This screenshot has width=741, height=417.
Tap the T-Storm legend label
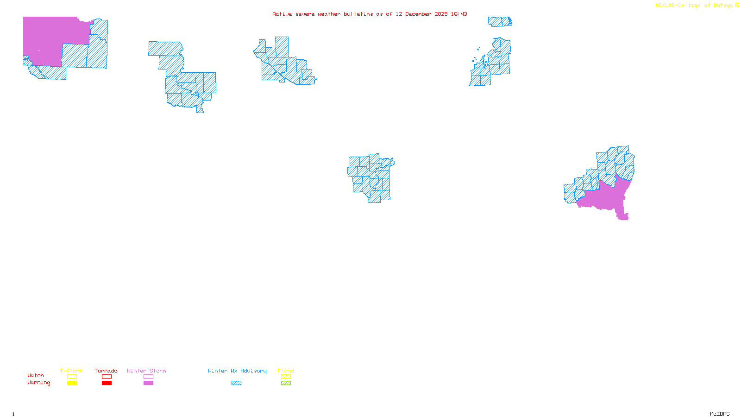tap(71, 371)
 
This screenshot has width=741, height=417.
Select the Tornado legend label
tap(106, 371)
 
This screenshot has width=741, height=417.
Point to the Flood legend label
tap(286, 371)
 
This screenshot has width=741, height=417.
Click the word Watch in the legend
tap(36, 375)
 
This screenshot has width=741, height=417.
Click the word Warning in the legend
tap(39, 383)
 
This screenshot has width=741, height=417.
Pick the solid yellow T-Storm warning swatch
tap(72, 383)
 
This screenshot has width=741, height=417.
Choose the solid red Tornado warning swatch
tap(107, 383)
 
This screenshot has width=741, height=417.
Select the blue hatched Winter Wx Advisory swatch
tap(236, 383)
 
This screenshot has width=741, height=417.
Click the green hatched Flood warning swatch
tap(286, 383)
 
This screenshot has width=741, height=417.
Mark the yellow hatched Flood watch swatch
tap(286, 377)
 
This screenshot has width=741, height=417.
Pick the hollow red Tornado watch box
tap(107, 377)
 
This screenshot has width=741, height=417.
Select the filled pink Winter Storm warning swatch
tap(148, 383)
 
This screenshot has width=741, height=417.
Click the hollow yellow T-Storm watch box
tap(72, 377)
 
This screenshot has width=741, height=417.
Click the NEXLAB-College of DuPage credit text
tap(694, 6)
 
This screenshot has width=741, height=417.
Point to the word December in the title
tap(418, 14)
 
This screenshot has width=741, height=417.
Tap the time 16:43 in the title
tap(459, 14)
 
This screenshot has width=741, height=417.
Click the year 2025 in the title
tap(441, 14)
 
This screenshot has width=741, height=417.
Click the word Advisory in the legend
tap(253, 371)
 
